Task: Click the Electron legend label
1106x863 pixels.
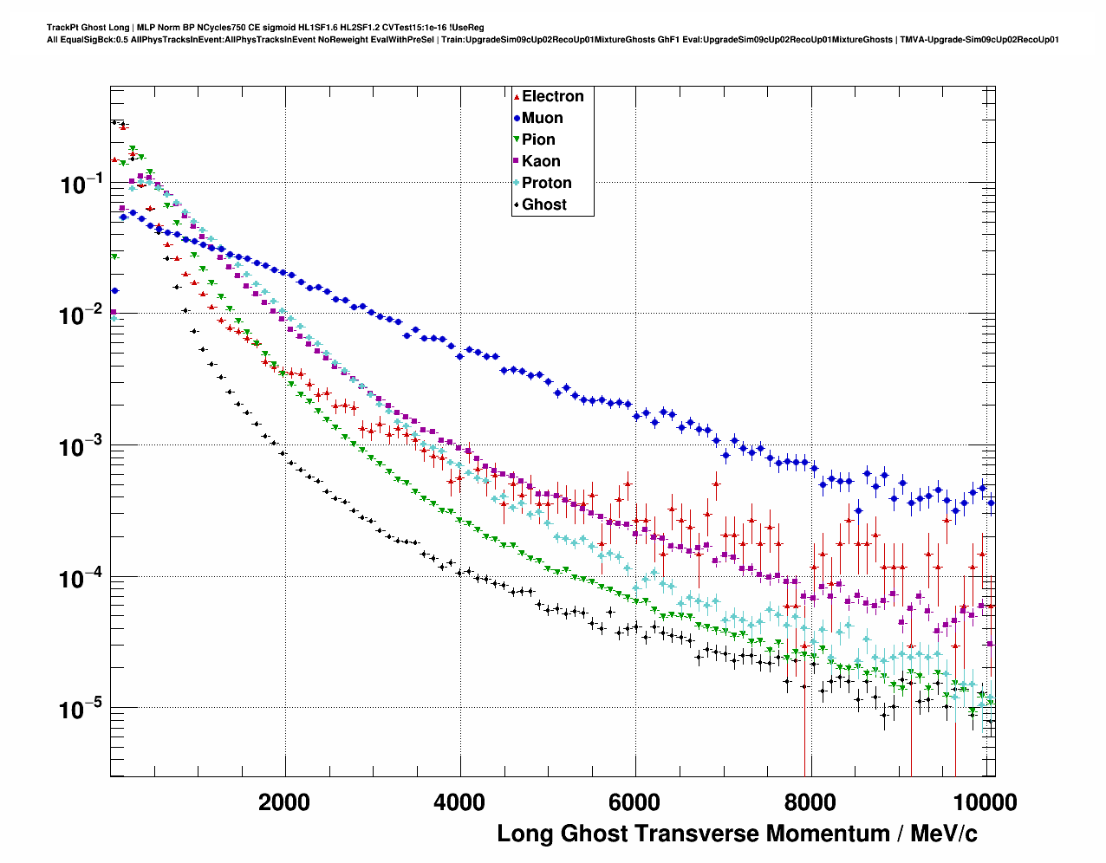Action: [x=552, y=96]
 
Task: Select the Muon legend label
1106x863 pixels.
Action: [x=542, y=118]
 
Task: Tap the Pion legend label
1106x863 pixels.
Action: [x=538, y=140]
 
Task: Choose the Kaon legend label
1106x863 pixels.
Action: [x=541, y=161]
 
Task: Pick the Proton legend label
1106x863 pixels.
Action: [x=546, y=183]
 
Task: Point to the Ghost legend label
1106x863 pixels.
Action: [x=543, y=204]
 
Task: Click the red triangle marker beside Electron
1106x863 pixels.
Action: [x=517, y=97]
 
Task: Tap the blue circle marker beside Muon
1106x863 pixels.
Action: [x=517, y=118]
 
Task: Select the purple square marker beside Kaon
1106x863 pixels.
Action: [x=517, y=161]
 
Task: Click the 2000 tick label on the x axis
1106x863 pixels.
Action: [x=284, y=801]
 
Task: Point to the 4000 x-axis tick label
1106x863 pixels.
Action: [x=459, y=801]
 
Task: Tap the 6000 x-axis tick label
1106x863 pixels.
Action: [x=635, y=801]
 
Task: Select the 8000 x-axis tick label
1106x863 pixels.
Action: [x=811, y=801]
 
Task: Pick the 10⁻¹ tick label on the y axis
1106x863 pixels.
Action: [x=81, y=183]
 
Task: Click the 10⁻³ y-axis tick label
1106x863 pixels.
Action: [x=81, y=446]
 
